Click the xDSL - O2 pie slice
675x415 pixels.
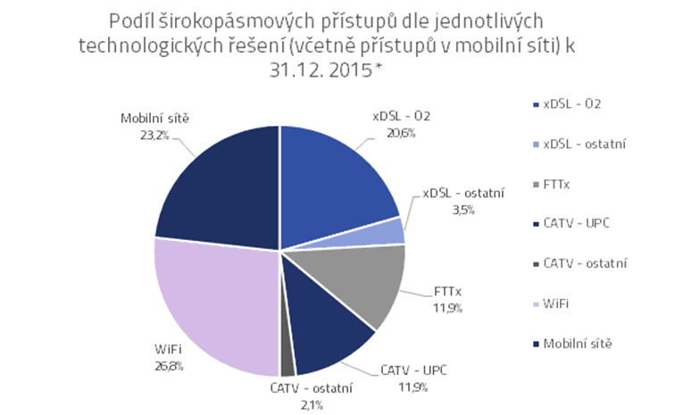click(335, 178)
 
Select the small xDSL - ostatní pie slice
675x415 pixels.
click(391, 231)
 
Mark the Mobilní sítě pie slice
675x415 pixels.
click(219, 183)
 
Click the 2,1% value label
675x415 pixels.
click(312, 405)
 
